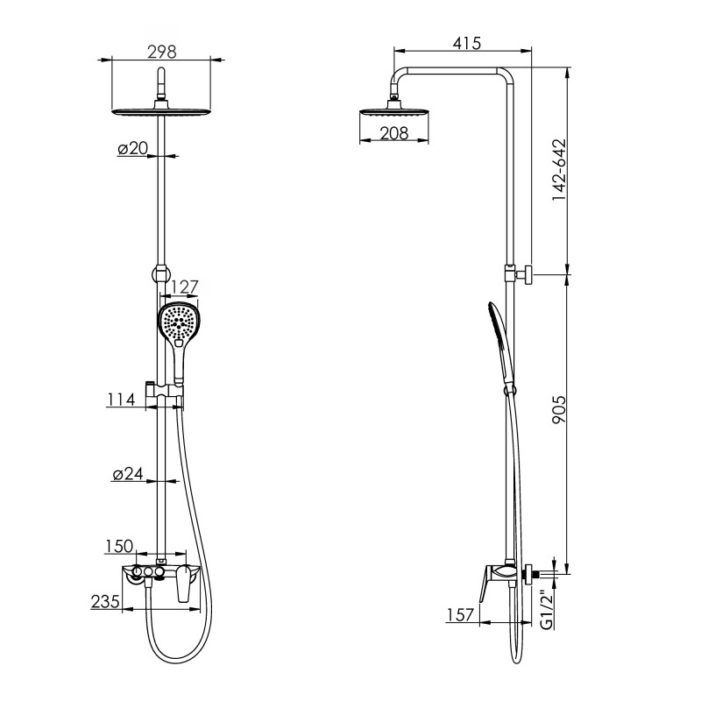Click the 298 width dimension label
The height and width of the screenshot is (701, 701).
click(161, 52)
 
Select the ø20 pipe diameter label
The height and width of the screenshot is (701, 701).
click(132, 149)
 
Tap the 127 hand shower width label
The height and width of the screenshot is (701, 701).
click(185, 287)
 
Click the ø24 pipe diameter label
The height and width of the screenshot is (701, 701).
click(128, 474)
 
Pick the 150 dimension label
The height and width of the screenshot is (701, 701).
click(118, 546)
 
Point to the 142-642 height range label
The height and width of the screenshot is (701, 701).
click(558, 171)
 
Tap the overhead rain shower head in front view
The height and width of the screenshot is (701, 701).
click(161, 111)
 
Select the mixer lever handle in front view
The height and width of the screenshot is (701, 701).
click(184, 585)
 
